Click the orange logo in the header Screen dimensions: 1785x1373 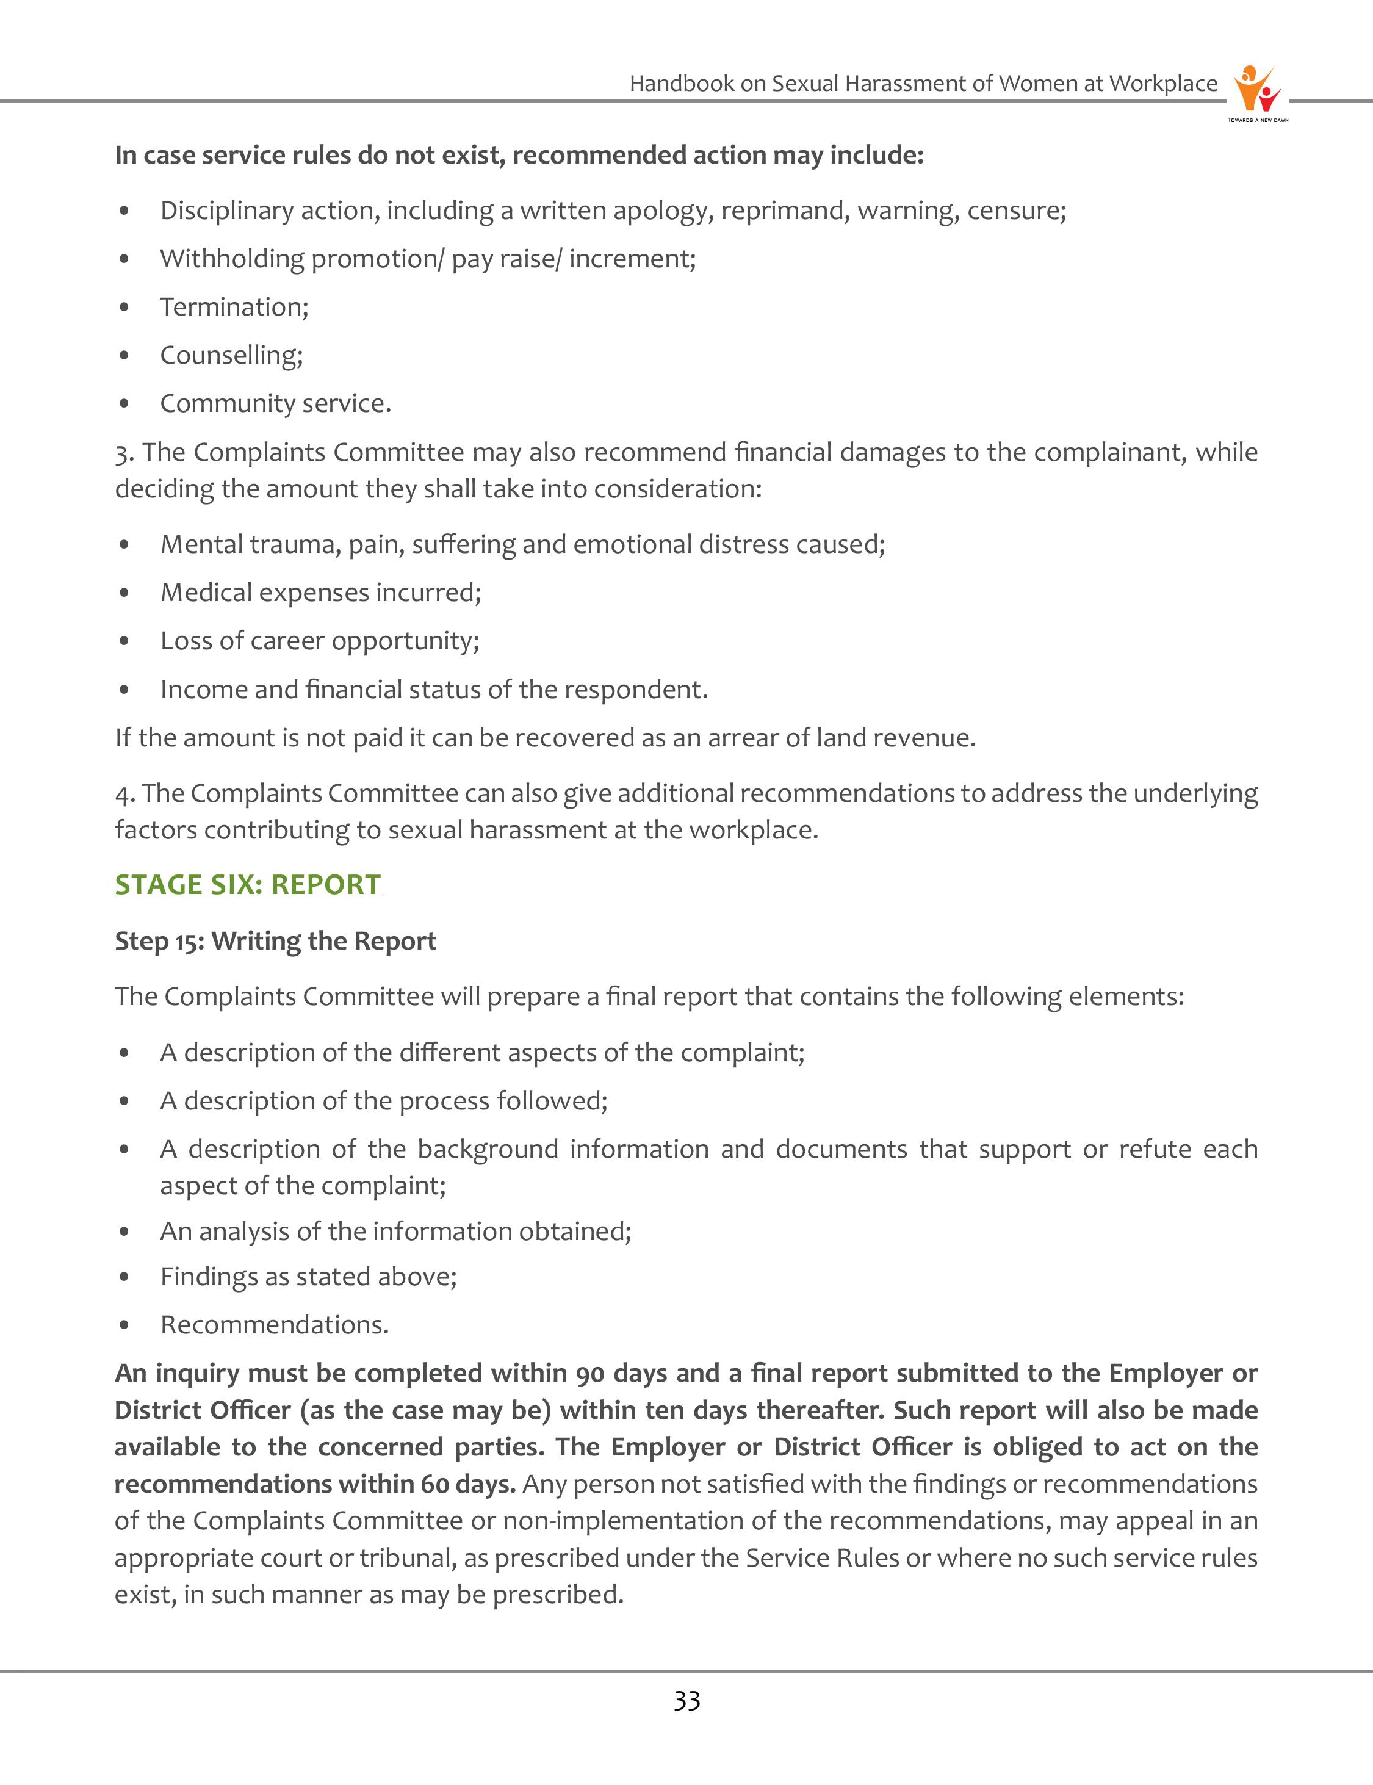pyautogui.click(x=1257, y=90)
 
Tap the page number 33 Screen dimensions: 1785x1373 pyautogui.click(x=686, y=1701)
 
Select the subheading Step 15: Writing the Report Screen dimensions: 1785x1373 pyautogui.click(x=275, y=941)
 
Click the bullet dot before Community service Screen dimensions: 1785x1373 pyautogui.click(x=124, y=404)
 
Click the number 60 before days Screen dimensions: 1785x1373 pyautogui.click(x=434, y=1484)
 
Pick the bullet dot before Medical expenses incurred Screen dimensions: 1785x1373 pyautogui.click(x=124, y=593)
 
